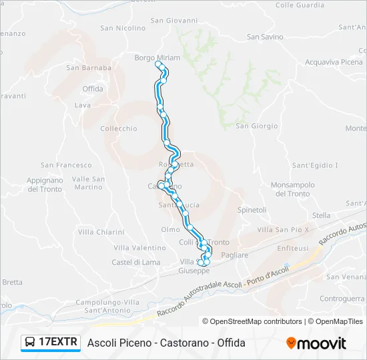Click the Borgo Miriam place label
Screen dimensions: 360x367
[x=157, y=58]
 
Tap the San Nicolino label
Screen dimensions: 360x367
[x=123, y=29]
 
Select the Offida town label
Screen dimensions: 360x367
[x=93, y=89]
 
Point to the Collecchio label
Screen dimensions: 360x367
[x=118, y=129]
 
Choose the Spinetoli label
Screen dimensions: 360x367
[x=252, y=210]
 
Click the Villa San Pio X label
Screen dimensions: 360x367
[x=284, y=229]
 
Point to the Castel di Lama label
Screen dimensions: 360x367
[x=136, y=262]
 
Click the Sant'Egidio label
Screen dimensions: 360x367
[x=315, y=165]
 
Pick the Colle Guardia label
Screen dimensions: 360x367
[x=294, y=5]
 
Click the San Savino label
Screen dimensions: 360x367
[x=265, y=37]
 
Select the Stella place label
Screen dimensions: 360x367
[x=321, y=215]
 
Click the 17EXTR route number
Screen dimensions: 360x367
[x=59, y=343]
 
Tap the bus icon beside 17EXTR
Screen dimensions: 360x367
[x=30, y=343]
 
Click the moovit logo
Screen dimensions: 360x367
[x=316, y=343]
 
